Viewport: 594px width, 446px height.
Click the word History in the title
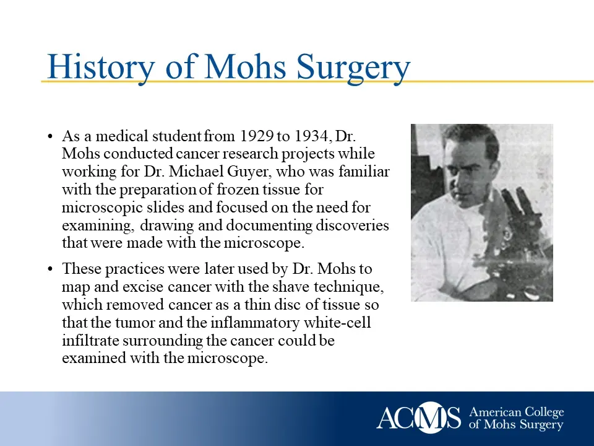click(100, 67)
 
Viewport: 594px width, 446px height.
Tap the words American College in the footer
click(517, 412)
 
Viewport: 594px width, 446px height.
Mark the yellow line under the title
click(495, 81)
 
